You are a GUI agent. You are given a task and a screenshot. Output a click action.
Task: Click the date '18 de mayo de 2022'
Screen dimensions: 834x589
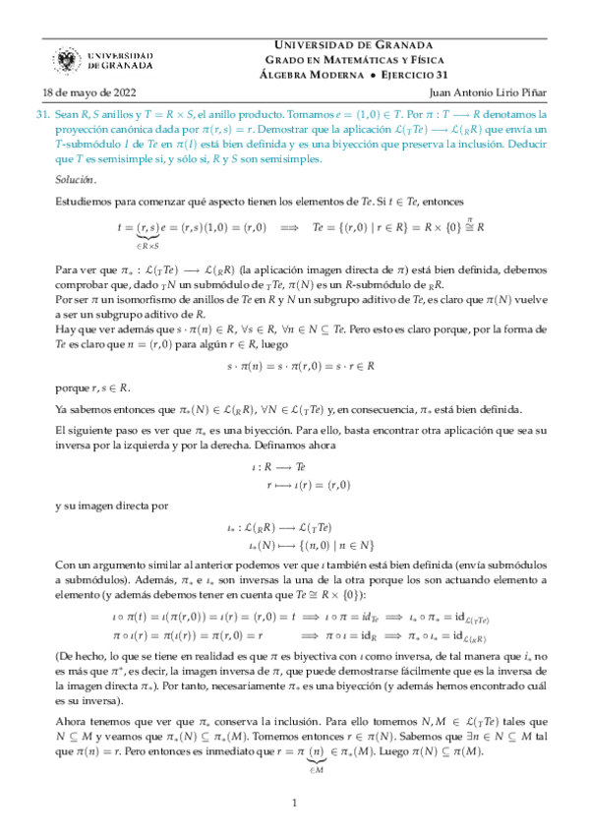pyautogui.click(x=76, y=94)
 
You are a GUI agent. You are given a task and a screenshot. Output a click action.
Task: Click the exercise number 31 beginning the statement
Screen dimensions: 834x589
pyautogui.click(x=42, y=114)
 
